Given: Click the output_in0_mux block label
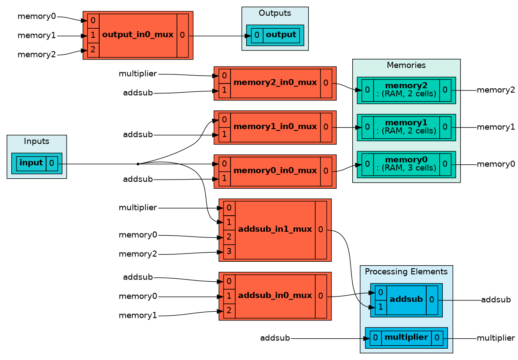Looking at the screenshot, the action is (x=138, y=35).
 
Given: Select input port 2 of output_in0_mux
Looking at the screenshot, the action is (x=93, y=50).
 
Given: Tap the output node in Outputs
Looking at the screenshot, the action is (x=275, y=35).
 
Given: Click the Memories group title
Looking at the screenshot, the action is (x=406, y=65).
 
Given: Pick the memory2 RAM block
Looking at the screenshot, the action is (x=406, y=90).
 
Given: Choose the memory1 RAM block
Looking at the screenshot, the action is (x=406, y=127).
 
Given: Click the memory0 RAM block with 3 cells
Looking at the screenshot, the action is (x=406, y=164).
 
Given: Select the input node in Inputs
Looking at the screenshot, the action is (x=37, y=163).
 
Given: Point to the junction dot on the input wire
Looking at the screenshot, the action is (x=138, y=164).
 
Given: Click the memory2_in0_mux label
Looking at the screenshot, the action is (x=275, y=82).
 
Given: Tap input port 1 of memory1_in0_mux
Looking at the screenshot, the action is (x=224, y=135).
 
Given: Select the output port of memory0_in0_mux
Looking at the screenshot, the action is (x=326, y=171).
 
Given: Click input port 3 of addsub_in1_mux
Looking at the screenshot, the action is (x=229, y=252).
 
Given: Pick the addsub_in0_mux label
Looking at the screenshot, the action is (x=275, y=295).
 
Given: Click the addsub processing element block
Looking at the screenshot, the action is (x=406, y=300).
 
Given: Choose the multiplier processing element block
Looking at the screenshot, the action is (x=406, y=337).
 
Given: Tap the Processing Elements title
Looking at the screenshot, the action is (x=406, y=271).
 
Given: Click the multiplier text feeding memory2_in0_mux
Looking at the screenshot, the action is (x=138, y=73).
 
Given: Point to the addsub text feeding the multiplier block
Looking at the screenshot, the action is (x=275, y=338).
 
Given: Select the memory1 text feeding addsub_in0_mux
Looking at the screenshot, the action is (x=138, y=315).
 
